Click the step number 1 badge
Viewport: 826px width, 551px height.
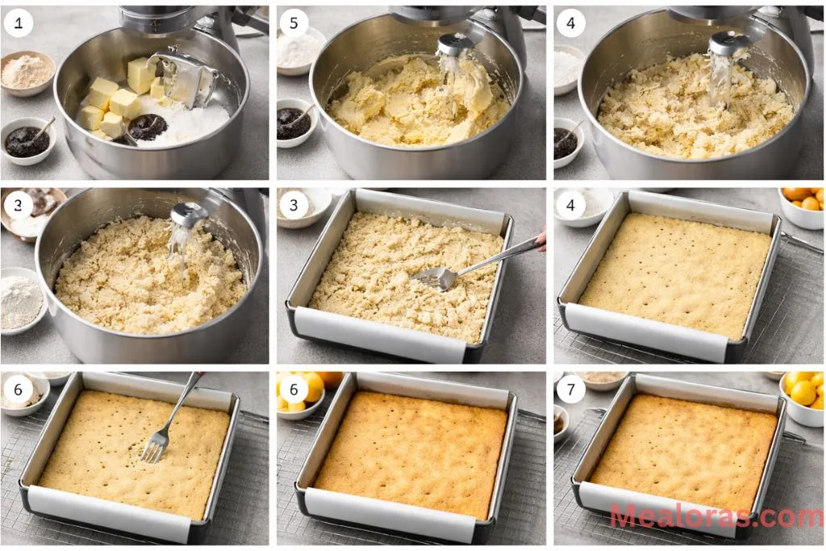click(x=18, y=23)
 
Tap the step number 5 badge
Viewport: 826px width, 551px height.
click(x=294, y=23)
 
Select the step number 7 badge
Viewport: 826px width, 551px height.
click(x=570, y=390)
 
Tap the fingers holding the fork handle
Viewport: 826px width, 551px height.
click(x=541, y=237)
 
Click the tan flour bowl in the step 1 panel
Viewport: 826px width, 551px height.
click(x=27, y=72)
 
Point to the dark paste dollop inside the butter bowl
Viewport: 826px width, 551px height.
click(x=147, y=126)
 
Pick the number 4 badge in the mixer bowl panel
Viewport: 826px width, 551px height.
click(x=570, y=23)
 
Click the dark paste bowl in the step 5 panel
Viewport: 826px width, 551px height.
click(x=294, y=122)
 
